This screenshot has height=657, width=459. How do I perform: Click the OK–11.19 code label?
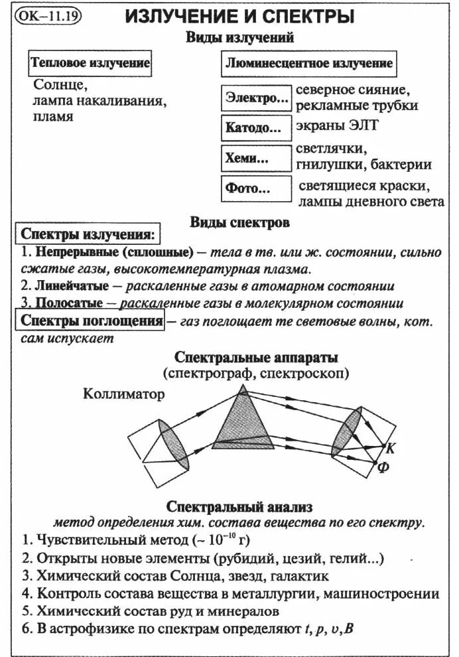click(x=46, y=16)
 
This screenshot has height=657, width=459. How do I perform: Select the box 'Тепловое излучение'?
click(x=90, y=64)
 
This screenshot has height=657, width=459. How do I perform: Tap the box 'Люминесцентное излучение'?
click(x=308, y=64)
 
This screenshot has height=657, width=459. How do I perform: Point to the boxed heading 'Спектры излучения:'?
click(x=87, y=235)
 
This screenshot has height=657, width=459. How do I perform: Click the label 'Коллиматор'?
click(x=124, y=394)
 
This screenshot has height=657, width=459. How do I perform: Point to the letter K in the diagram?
click(x=390, y=448)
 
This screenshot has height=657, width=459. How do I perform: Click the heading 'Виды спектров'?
click(x=239, y=222)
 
